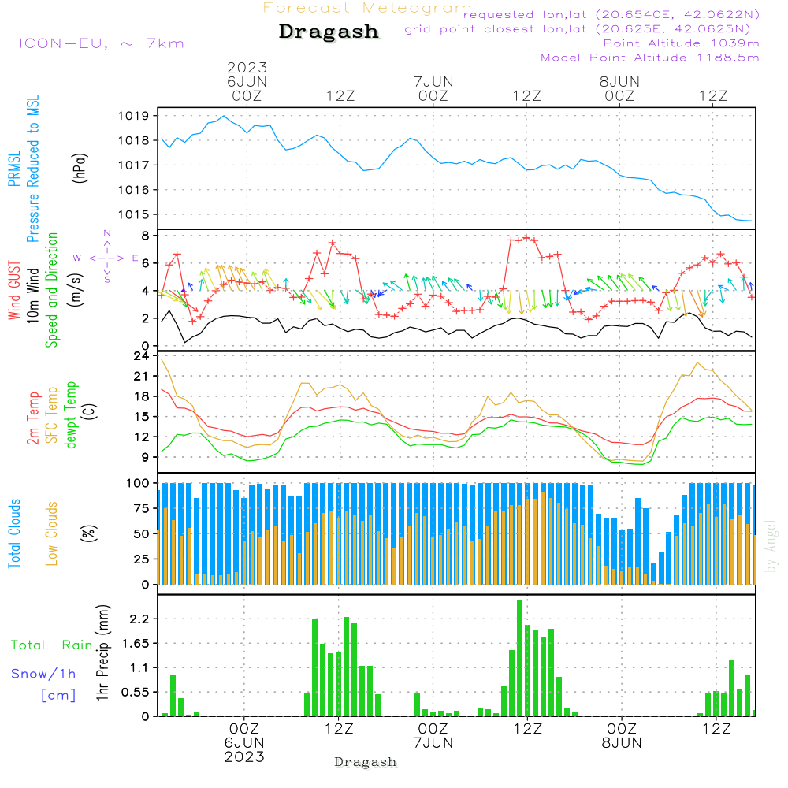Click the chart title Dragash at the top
329,32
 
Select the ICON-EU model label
101,43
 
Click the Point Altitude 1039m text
681,43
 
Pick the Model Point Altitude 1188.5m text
650,58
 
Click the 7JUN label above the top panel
433,81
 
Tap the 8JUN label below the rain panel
621,742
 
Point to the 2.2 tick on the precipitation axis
139,619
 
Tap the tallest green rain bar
519,658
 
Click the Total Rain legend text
52,645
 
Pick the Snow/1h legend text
43,674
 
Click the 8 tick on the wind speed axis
145,235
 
